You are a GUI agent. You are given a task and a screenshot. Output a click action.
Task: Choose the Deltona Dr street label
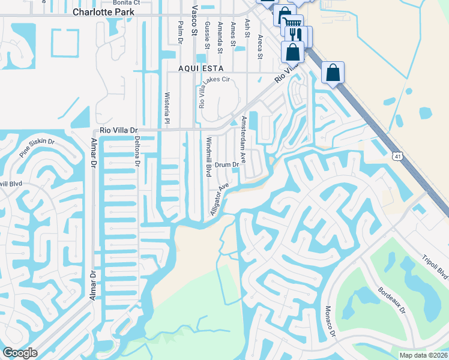click(137, 152)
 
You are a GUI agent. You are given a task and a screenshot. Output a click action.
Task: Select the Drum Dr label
click(228, 164)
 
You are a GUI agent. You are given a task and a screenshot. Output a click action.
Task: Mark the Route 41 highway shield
click(397, 157)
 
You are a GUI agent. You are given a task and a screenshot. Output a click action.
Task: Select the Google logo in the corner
click(20, 353)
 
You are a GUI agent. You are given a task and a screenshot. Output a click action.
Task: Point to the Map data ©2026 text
click(423, 355)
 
